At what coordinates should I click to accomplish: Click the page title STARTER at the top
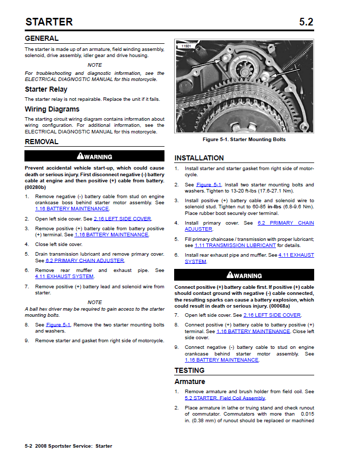[49, 21]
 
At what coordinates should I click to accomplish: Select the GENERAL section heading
[42, 38]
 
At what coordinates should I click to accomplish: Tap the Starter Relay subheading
[47, 89]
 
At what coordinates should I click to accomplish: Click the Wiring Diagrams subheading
[52, 109]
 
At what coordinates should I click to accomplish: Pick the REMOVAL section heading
[42, 142]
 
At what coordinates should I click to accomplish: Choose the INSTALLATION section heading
[199, 158]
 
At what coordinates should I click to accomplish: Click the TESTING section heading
[189, 370]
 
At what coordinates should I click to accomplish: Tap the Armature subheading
[190, 381]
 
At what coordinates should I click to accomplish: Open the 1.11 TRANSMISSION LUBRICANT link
[235, 245]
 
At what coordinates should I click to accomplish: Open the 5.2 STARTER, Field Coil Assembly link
[225, 398]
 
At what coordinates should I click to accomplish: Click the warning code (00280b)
[38, 187]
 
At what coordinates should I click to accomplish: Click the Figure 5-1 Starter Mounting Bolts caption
[244, 140]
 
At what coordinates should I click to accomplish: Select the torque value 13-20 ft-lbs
[244, 191]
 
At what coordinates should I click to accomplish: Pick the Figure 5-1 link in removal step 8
[58, 324]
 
